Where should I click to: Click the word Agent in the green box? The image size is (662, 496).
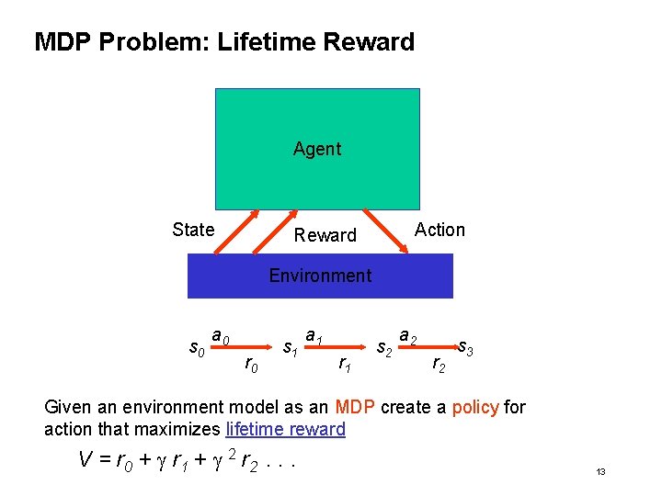pyautogui.click(x=317, y=149)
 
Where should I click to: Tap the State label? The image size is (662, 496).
pyautogui.click(x=193, y=230)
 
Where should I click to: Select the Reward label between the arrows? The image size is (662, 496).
pyautogui.click(x=325, y=235)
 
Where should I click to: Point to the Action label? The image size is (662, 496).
pyautogui.click(x=440, y=230)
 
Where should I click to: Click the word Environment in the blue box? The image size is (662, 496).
pyautogui.click(x=320, y=276)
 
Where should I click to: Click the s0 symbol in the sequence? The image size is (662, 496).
pyautogui.click(x=196, y=348)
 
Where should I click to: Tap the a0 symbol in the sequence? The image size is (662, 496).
pyautogui.click(x=221, y=337)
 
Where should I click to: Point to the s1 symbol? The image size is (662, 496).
pyautogui.click(x=290, y=348)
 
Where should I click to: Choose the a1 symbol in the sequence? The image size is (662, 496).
pyautogui.click(x=314, y=337)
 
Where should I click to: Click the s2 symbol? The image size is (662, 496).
pyautogui.click(x=385, y=348)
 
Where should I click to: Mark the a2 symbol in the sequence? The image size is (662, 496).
pyautogui.click(x=408, y=337)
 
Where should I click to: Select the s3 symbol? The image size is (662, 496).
pyautogui.click(x=466, y=348)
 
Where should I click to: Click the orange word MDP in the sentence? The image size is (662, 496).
pyautogui.click(x=354, y=407)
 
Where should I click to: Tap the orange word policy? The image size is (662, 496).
pyautogui.click(x=476, y=407)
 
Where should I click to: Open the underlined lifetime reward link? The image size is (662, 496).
pyautogui.click(x=285, y=429)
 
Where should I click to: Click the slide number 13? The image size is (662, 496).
pyautogui.click(x=600, y=471)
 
